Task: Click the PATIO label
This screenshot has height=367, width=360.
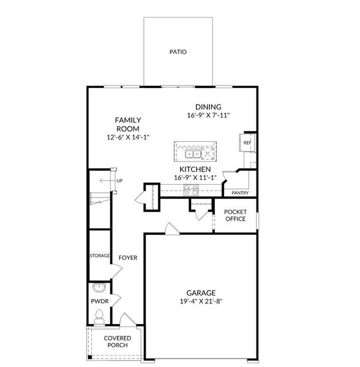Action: (178, 53)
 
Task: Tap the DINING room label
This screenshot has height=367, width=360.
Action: (208, 107)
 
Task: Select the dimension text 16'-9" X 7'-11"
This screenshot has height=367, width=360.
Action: (208, 115)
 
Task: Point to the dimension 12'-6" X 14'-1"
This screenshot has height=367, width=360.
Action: (128, 138)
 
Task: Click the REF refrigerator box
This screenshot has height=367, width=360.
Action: (247, 143)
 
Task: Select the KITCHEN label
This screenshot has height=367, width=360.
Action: (195, 169)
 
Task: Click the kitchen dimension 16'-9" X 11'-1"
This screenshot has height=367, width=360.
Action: (195, 178)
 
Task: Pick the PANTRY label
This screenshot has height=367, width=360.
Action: (240, 193)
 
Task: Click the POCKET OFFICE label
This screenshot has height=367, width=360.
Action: (235, 215)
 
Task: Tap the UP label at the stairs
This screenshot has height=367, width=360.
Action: (119, 180)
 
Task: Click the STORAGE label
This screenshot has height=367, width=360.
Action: (99, 255)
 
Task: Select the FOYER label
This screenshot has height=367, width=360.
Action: (128, 258)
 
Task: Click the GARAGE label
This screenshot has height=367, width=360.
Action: (201, 293)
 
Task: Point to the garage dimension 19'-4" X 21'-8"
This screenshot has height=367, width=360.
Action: (201, 302)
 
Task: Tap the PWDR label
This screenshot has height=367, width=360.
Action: (99, 302)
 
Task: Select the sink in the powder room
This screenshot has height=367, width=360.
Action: (99, 287)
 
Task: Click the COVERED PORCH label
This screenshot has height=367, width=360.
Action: (116, 341)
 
